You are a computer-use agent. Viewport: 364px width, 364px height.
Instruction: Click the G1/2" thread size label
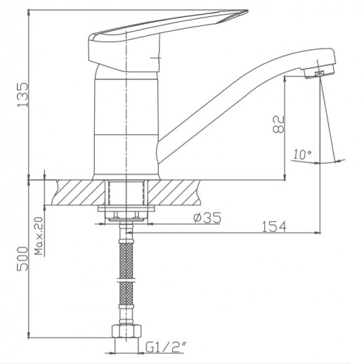(x=165, y=346)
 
